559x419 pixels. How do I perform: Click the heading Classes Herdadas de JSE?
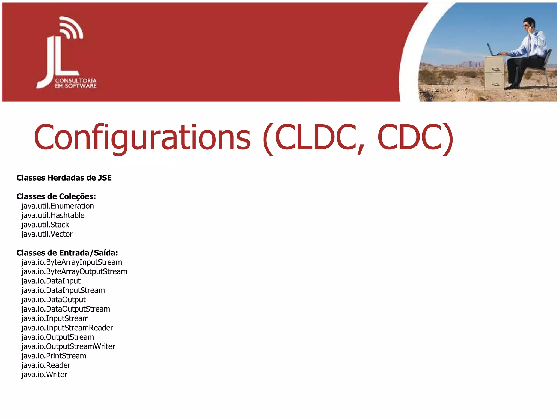64,178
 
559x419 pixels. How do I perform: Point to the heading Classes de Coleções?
56,196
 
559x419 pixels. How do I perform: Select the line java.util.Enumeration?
58,206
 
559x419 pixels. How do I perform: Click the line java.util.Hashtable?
53,216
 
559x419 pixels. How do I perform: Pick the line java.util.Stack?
45,225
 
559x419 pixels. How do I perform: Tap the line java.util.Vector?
47,234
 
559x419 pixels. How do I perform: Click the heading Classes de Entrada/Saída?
67,253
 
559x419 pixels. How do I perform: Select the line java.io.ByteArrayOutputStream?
74,272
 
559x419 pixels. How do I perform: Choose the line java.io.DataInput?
51,281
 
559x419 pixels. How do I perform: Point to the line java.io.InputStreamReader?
67,328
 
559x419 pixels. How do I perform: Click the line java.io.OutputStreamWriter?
68,346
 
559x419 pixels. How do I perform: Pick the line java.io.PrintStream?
54,356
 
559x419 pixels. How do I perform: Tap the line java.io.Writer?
44,375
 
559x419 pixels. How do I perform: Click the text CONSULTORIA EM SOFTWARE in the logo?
76,83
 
